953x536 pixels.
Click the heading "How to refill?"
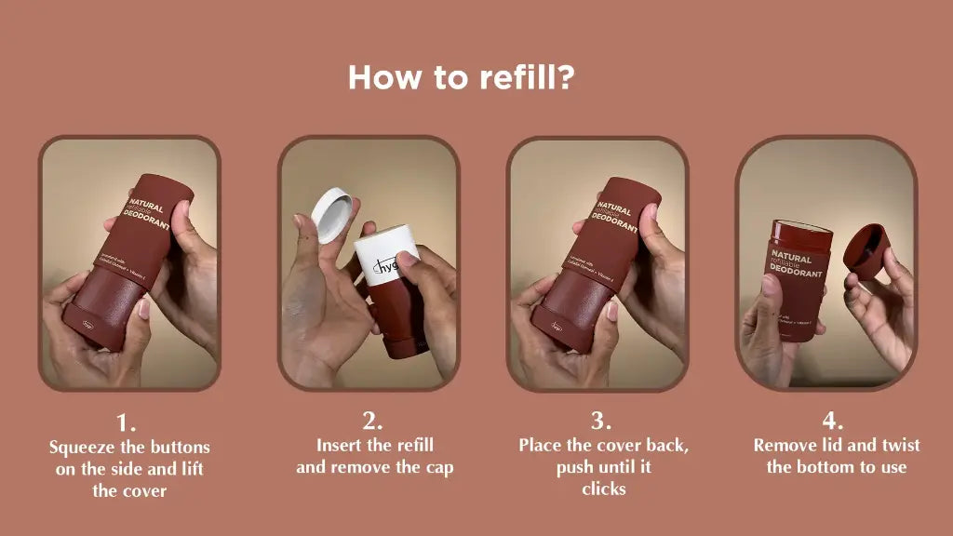461,77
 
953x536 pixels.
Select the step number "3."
602,421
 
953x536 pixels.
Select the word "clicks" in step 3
603,489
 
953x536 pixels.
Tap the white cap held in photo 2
333,213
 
